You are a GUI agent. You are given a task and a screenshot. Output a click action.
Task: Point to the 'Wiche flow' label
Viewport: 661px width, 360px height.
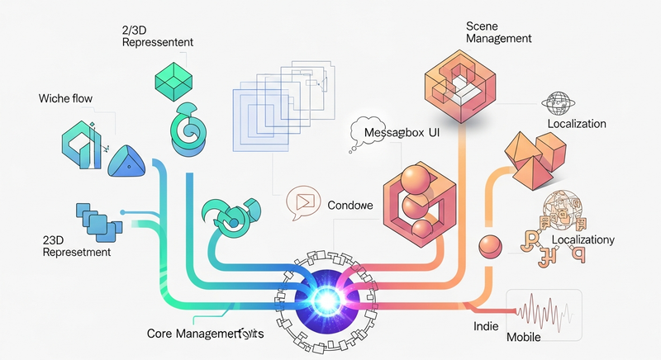(x=65, y=99)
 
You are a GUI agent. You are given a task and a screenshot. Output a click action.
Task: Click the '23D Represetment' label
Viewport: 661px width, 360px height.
(x=76, y=247)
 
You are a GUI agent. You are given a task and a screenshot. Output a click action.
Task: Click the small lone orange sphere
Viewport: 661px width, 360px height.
(x=490, y=244)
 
